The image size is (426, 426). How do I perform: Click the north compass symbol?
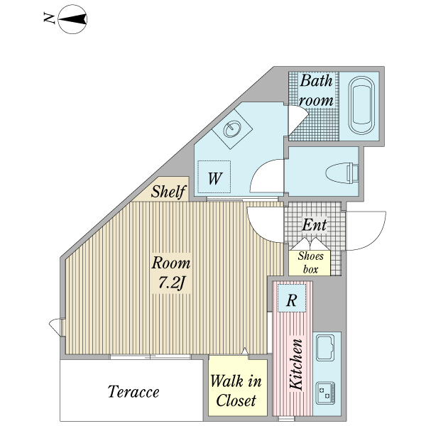(x=72, y=19)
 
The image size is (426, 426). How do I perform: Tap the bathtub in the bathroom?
(x=361, y=105)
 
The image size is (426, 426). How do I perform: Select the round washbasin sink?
(x=233, y=129)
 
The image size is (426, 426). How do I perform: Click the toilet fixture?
(x=342, y=173)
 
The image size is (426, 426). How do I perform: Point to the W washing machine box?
(x=214, y=177)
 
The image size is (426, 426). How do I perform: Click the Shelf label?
(x=168, y=191)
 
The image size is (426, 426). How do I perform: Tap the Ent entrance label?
(x=315, y=225)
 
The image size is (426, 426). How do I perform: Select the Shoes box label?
(x=310, y=263)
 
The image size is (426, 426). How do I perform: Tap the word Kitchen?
(x=296, y=364)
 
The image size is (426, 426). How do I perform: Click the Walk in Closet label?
(x=236, y=390)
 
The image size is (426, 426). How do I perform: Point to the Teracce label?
(x=133, y=392)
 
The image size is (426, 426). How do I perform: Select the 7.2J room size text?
(x=171, y=283)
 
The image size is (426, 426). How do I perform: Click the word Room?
(x=171, y=263)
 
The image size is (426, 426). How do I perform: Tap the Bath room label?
(x=316, y=90)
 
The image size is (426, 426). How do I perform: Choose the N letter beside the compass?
(x=50, y=18)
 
